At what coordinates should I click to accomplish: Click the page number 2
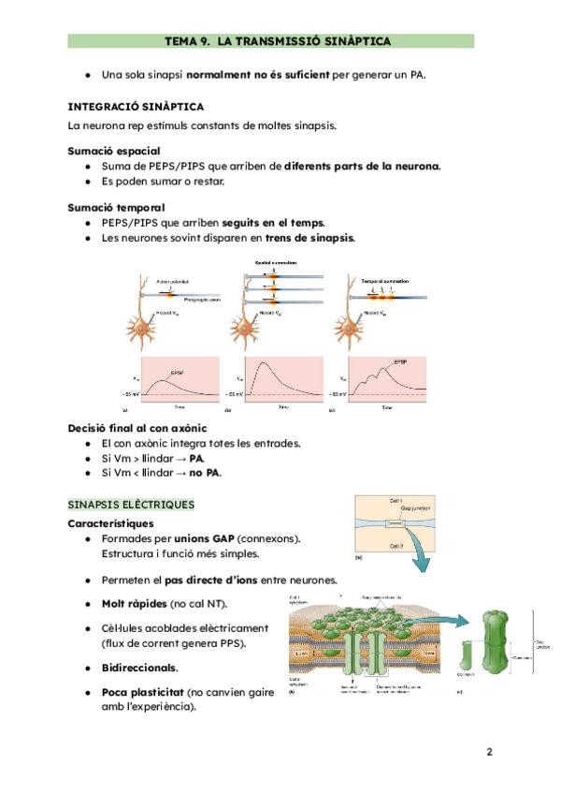click(x=489, y=751)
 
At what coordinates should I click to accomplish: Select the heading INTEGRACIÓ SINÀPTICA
click(x=136, y=107)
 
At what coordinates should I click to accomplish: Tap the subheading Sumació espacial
click(x=113, y=151)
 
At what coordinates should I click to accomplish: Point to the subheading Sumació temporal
click(x=116, y=207)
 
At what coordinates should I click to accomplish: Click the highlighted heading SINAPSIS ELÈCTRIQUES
click(x=131, y=505)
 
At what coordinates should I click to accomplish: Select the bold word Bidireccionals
click(x=139, y=668)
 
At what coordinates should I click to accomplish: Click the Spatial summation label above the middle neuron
click(x=273, y=261)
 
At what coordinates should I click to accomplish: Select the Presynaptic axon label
click(x=202, y=300)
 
